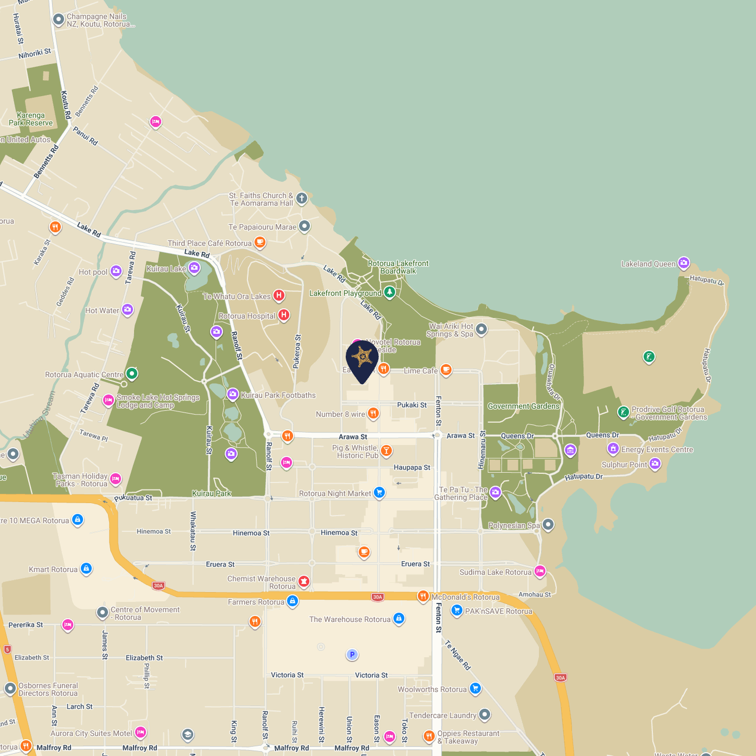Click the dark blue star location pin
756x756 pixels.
[362, 359]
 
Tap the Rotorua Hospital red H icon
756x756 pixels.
[283, 315]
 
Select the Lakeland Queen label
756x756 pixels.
[648, 264]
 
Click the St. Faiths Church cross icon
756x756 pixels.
[302, 198]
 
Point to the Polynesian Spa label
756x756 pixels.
[514, 525]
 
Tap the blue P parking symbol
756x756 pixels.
[352, 654]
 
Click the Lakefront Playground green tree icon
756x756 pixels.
[389, 292]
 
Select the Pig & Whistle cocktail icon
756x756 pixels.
[386, 450]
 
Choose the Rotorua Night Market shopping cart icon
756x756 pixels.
[379, 492]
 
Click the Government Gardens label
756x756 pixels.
[523, 406]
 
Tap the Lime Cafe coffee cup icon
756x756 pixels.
[446, 370]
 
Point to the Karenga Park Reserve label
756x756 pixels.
[31, 119]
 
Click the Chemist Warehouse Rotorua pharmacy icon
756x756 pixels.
[304, 581]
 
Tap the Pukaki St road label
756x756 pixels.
[412, 405]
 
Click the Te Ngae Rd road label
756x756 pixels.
[458, 655]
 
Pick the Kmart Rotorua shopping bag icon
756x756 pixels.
[86, 569]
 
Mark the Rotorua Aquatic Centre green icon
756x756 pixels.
[132, 373]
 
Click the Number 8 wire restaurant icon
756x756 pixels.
[373, 413]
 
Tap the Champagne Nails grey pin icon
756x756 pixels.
[59, 19]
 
